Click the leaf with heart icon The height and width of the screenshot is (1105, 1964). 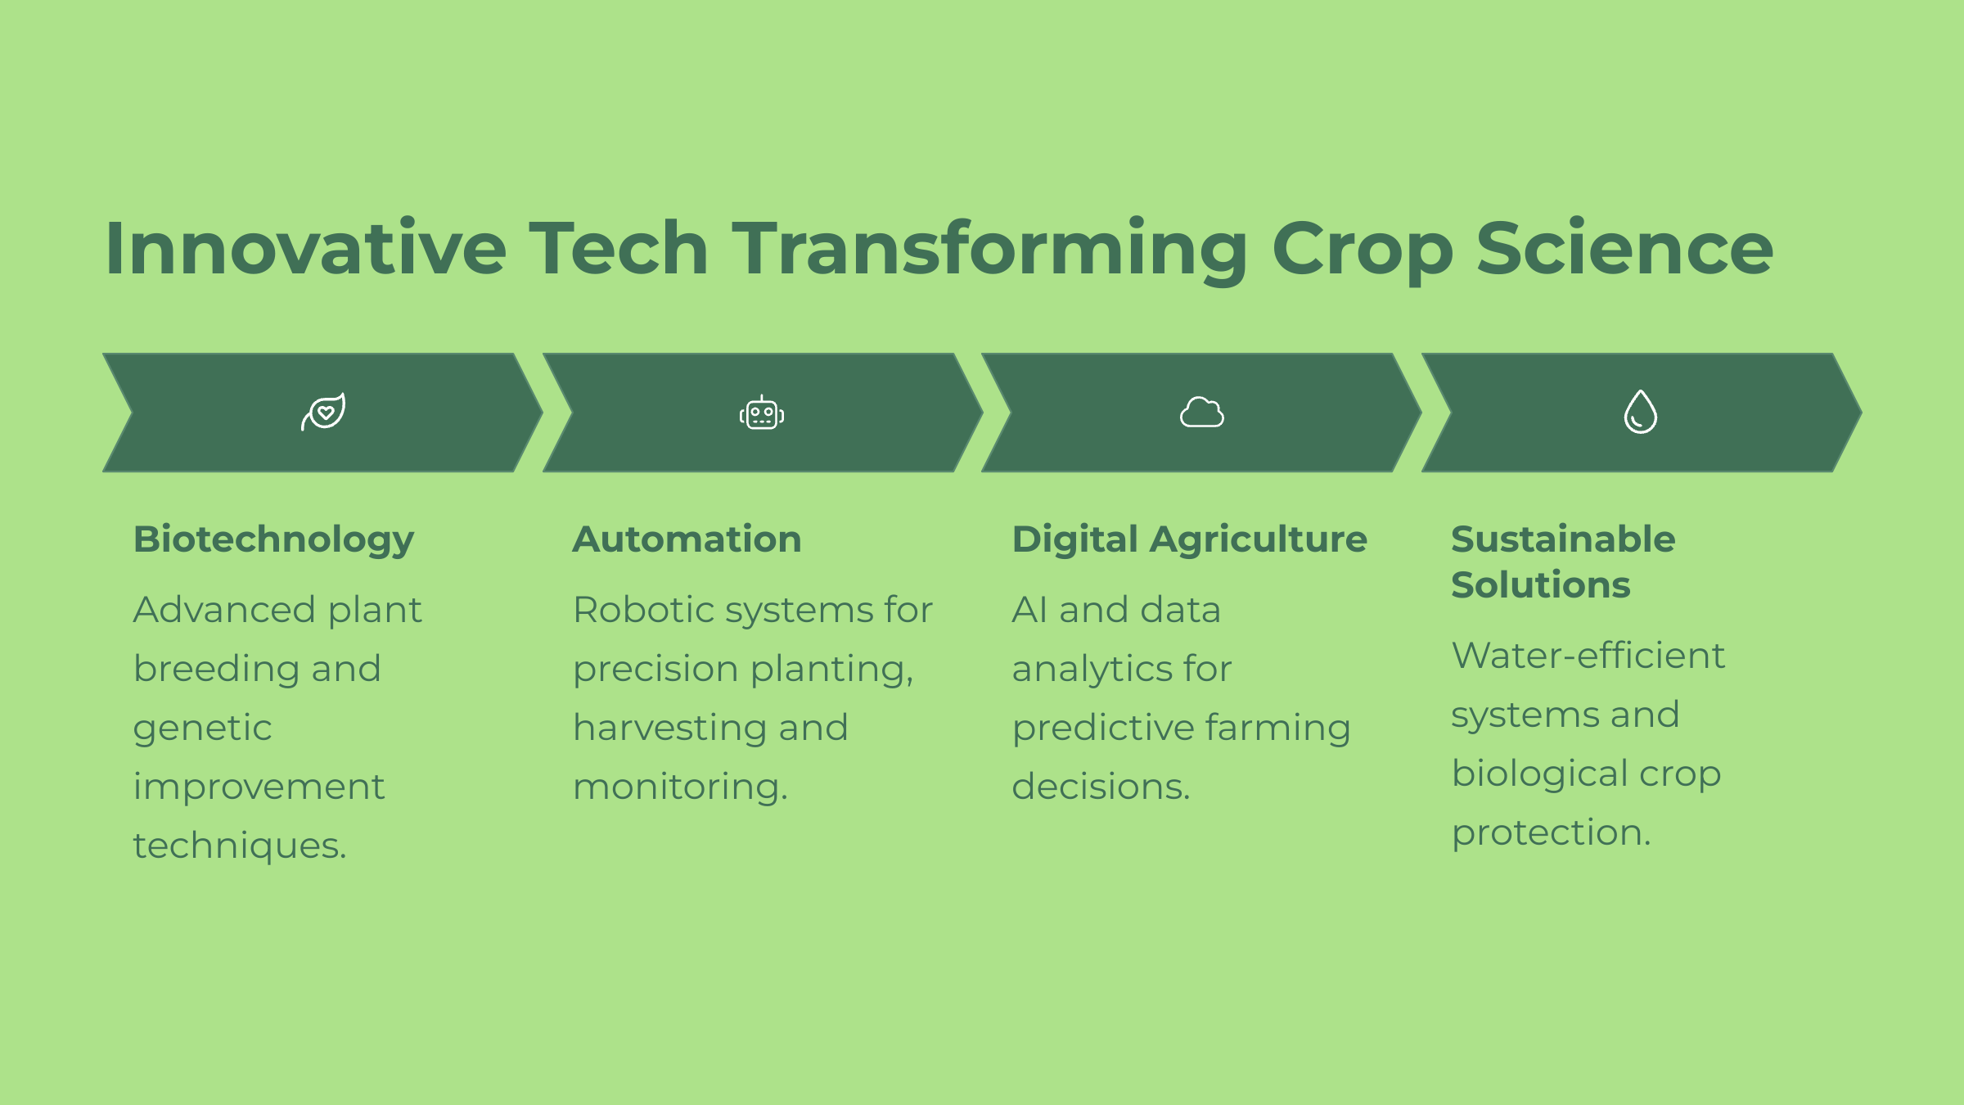click(323, 412)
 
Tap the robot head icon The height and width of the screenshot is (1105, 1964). click(762, 413)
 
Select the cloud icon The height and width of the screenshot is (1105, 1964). click(1202, 412)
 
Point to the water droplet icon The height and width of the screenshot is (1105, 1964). click(1641, 412)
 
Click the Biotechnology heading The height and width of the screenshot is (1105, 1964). click(274, 540)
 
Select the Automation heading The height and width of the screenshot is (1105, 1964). click(687, 539)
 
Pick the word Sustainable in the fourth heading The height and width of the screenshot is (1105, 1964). click(1563, 539)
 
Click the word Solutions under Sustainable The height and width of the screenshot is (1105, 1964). click(1541, 585)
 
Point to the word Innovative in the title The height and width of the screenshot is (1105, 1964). click(306, 248)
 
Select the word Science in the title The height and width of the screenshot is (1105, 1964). click(1625, 248)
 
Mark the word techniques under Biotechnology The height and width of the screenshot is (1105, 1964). click(240, 846)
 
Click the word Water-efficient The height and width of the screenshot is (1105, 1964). click(1588, 656)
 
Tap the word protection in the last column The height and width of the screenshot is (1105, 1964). click(1552, 833)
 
